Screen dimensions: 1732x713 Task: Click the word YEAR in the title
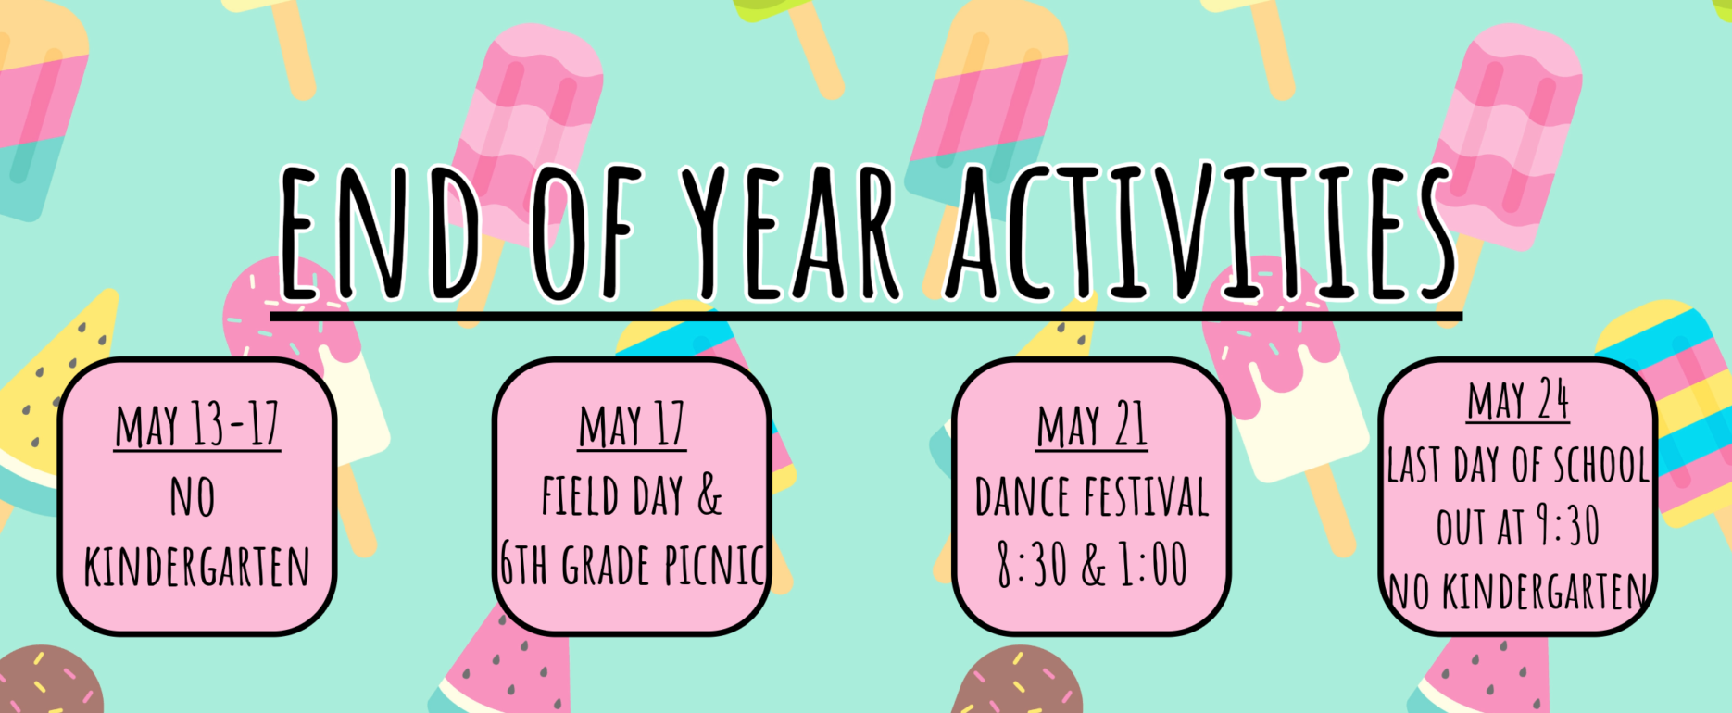790,232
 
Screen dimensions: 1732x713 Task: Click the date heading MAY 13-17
197,427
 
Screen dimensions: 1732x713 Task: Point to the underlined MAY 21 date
1092,427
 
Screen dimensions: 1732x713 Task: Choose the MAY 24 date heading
1518,400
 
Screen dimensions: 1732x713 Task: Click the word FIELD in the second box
580,496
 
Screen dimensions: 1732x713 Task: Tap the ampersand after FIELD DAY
709,496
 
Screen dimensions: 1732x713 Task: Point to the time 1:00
1153,566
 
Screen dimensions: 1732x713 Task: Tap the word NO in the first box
193,496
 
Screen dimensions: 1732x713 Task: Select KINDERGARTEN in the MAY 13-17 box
197,566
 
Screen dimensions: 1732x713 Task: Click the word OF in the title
586,232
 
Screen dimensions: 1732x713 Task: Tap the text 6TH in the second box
523,566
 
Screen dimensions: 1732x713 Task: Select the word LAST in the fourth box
1414,466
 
